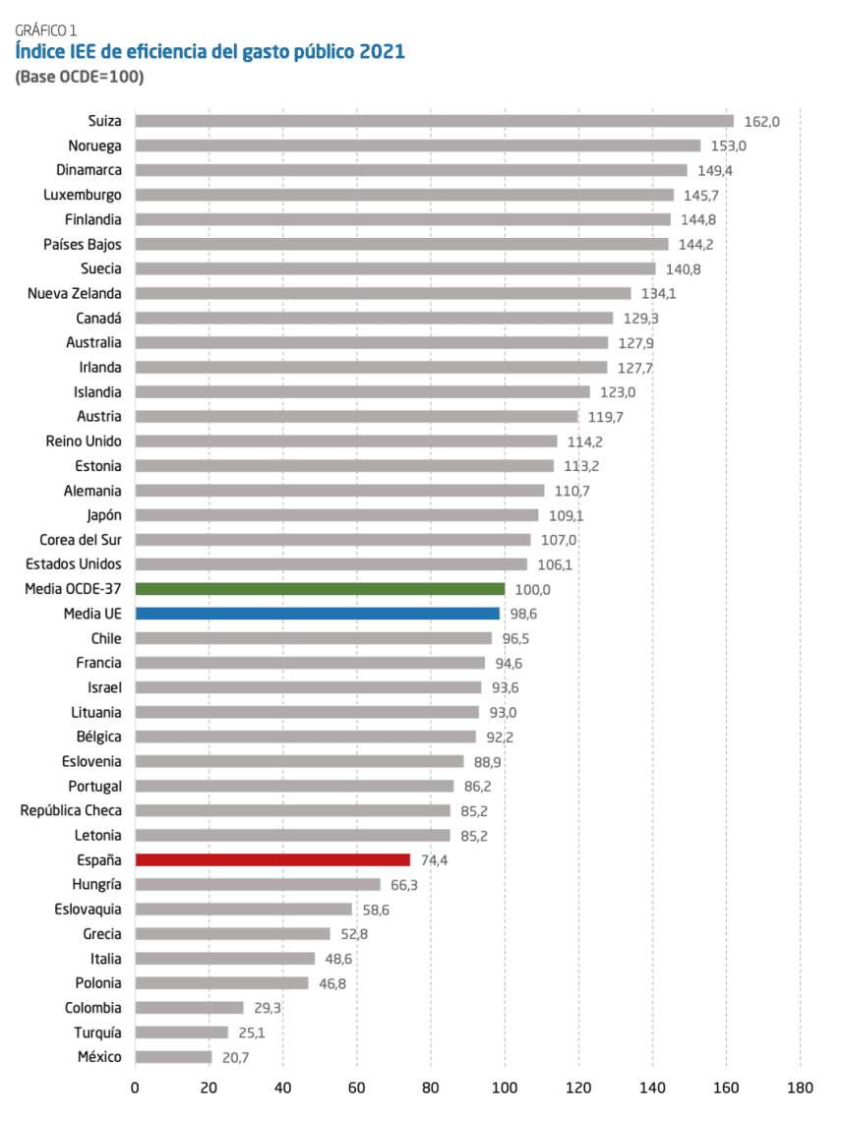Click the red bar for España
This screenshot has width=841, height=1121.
pos(272,859)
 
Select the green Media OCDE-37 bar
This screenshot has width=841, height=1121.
pos(320,589)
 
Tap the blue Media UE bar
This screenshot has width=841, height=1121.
pos(317,614)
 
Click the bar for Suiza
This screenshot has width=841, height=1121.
pos(434,121)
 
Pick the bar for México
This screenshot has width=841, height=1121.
pos(173,1057)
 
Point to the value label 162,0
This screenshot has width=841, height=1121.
pos(761,122)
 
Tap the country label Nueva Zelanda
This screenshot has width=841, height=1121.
pos(75,293)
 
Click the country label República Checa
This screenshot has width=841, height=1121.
pos(71,810)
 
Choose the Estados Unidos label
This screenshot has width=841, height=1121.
pos(75,564)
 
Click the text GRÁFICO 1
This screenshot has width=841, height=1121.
pos(46,30)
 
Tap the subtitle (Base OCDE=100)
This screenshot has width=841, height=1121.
pos(80,77)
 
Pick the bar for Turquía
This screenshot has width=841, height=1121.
pos(181,1032)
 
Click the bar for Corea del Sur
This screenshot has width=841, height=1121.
pos(332,540)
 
